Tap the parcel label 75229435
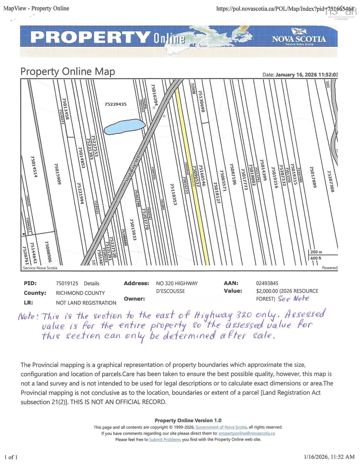[115, 104]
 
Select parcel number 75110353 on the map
[174, 194]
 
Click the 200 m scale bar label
[316, 252]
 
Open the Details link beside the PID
[91, 283]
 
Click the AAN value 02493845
[267, 283]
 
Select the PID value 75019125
[67, 283]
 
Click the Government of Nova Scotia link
[221, 427]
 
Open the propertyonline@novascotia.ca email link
[247, 433]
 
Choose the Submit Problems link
[165, 440]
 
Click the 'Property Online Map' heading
[67, 72]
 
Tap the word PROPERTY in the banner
[90, 38]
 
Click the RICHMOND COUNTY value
[80, 293]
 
